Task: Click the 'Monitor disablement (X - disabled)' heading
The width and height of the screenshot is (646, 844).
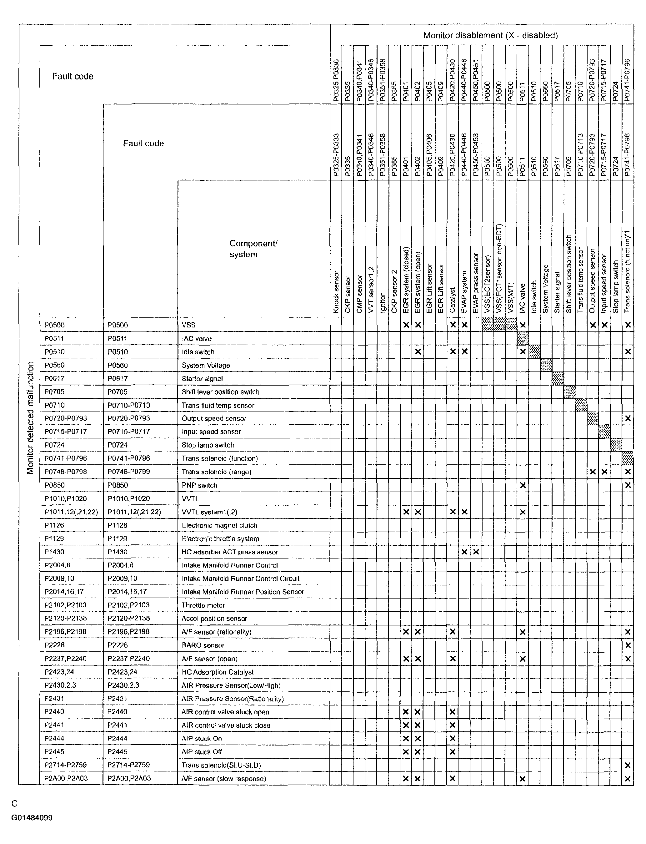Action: (490, 35)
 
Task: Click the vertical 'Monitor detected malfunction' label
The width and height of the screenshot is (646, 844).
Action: (30, 418)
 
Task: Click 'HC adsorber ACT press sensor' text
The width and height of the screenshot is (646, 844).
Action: (230, 552)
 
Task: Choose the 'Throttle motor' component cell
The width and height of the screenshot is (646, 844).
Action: (203, 605)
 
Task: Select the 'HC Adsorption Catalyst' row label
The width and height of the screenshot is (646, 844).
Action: (218, 672)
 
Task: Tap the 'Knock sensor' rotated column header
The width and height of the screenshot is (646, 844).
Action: (336, 291)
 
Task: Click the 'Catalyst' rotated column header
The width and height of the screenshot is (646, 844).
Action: (453, 300)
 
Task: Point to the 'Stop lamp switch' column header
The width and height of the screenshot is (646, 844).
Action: (616, 286)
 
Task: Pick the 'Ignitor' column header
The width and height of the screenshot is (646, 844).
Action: (382, 303)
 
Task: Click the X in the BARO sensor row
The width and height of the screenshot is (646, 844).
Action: (628, 645)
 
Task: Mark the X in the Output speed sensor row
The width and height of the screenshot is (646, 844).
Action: (628, 418)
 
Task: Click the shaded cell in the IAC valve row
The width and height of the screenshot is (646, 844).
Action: (523, 339)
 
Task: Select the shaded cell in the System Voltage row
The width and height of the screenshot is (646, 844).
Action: (546, 365)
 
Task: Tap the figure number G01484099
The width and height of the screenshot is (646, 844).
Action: (32, 817)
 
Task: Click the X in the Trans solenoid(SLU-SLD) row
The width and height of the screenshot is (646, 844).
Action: (628, 765)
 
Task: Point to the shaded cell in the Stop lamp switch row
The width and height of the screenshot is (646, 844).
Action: (616, 445)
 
